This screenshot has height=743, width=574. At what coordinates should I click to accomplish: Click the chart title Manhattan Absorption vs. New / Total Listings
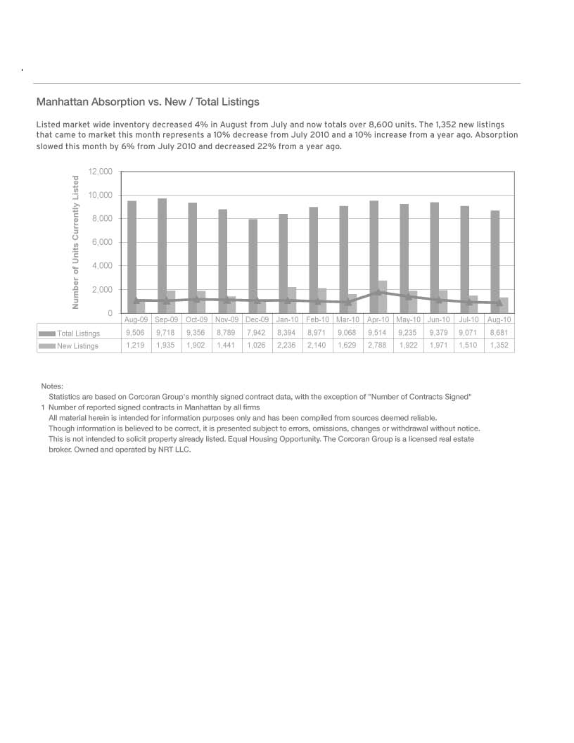[148, 103]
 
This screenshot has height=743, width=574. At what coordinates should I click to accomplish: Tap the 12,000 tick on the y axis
[101, 172]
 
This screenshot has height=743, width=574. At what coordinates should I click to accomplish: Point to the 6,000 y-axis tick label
[102, 243]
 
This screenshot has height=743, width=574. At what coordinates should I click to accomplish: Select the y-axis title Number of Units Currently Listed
[75, 242]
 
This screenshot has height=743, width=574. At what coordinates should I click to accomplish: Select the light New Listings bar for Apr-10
[383, 296]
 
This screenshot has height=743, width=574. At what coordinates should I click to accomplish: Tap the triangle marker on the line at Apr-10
[378, 291]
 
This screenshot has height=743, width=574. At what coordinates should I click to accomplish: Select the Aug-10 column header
[499, 319]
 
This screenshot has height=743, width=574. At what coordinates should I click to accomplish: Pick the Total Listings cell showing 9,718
[165, 333]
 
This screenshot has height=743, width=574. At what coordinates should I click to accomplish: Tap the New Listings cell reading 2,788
[377, 345]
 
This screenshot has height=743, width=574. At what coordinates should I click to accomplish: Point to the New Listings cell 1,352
[499, 345]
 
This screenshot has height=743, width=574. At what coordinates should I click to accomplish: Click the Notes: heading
[52, 386]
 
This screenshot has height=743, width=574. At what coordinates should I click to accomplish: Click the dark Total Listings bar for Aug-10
[495, 261]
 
